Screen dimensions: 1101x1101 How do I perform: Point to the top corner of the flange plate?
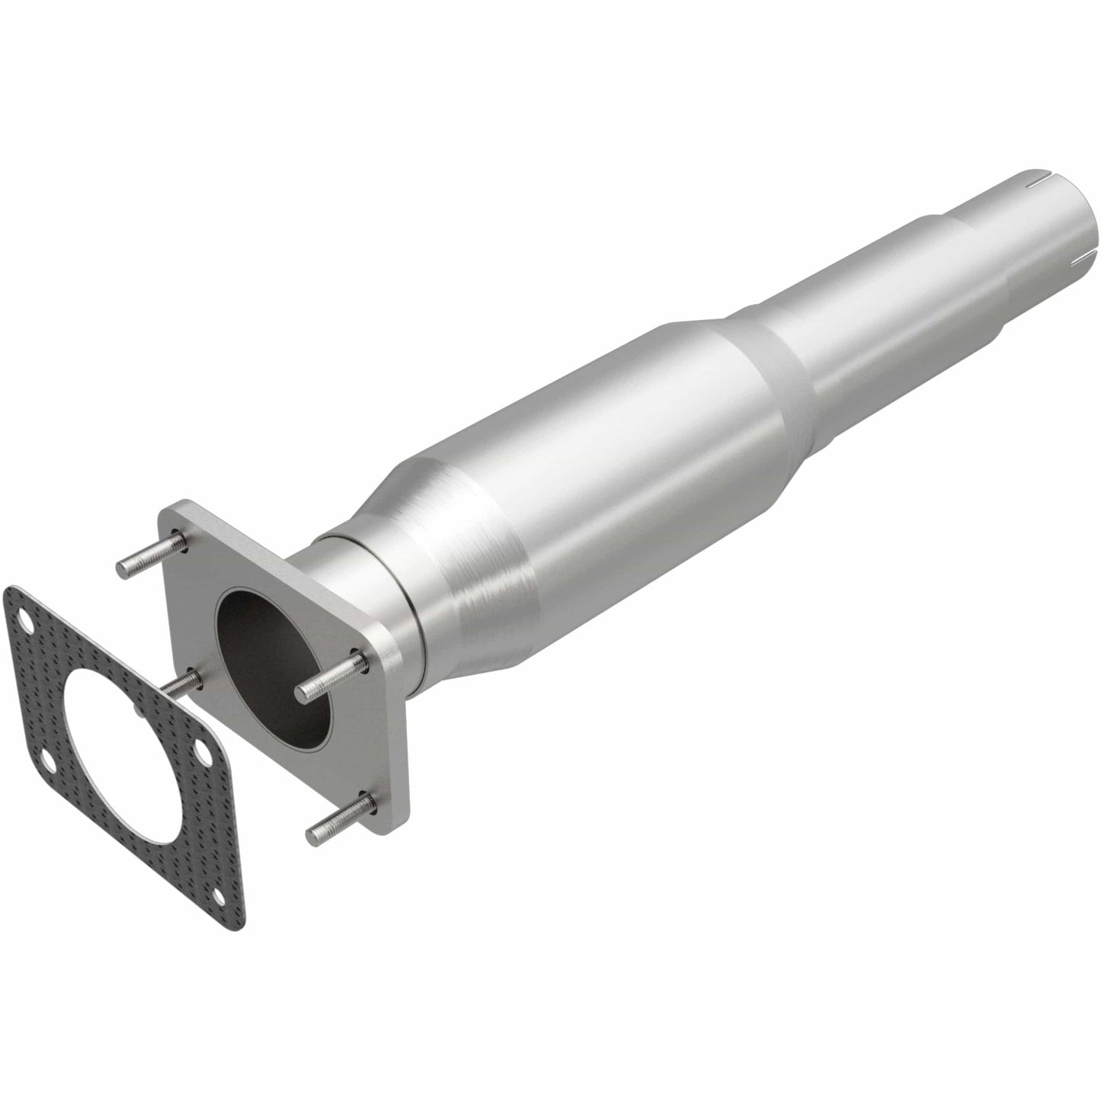pos(183,505)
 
